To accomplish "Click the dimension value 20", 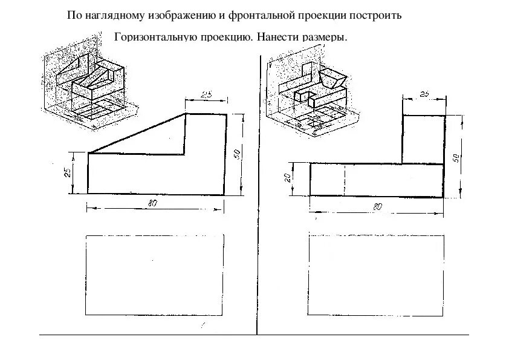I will [x=289, y=178].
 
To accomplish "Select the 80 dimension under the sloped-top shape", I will [x=152, y=204].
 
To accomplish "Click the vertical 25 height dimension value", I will [x=68, y=172].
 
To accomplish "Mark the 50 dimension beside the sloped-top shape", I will [x=237, y=154].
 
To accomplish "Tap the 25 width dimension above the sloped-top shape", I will [x=206, y=94].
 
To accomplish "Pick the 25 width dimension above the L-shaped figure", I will [x=424, y=94].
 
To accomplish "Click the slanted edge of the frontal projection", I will [x=137, y=134].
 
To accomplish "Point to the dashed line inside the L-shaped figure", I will [x=345, y=179].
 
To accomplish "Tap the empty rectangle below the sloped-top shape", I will [x=155, y=275].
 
